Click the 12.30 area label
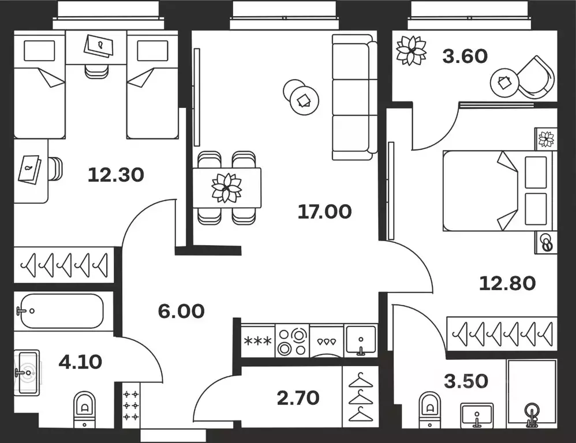coord(115,174)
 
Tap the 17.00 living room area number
coord(324,212)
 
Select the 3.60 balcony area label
coord(465,57)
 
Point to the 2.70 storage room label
coord(297,397)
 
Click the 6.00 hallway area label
coord(181,311)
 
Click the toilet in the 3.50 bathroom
coord(430,408)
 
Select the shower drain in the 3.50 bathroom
coord(531,412)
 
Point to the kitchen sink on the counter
coord(360,341)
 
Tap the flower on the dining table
coord(226,187)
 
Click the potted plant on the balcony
coord(411,51)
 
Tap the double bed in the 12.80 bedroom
coord(496,191)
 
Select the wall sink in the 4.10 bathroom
coord(27,372)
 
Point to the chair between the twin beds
coord(96,70)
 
